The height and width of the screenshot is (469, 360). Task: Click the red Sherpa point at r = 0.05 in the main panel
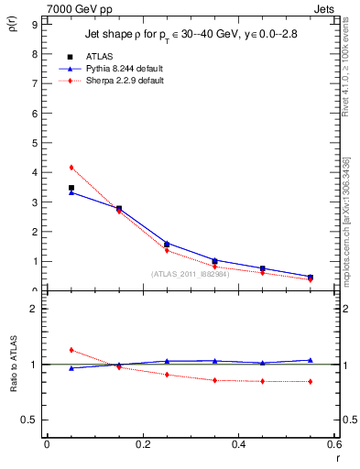tap(71, 167)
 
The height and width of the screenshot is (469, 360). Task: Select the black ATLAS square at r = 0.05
tap(71, 188)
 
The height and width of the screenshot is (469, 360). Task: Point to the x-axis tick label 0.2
tap(142, 444)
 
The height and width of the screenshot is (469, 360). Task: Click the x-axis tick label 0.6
tap(334, 444)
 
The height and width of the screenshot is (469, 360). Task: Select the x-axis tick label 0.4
tap(238, 444)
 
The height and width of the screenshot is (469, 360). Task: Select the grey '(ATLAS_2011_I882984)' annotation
tap(191, 274)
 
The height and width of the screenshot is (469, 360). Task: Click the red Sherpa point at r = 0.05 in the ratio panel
tap(71, 350)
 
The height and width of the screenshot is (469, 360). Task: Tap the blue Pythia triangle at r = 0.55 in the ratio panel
tap(311, 360)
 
